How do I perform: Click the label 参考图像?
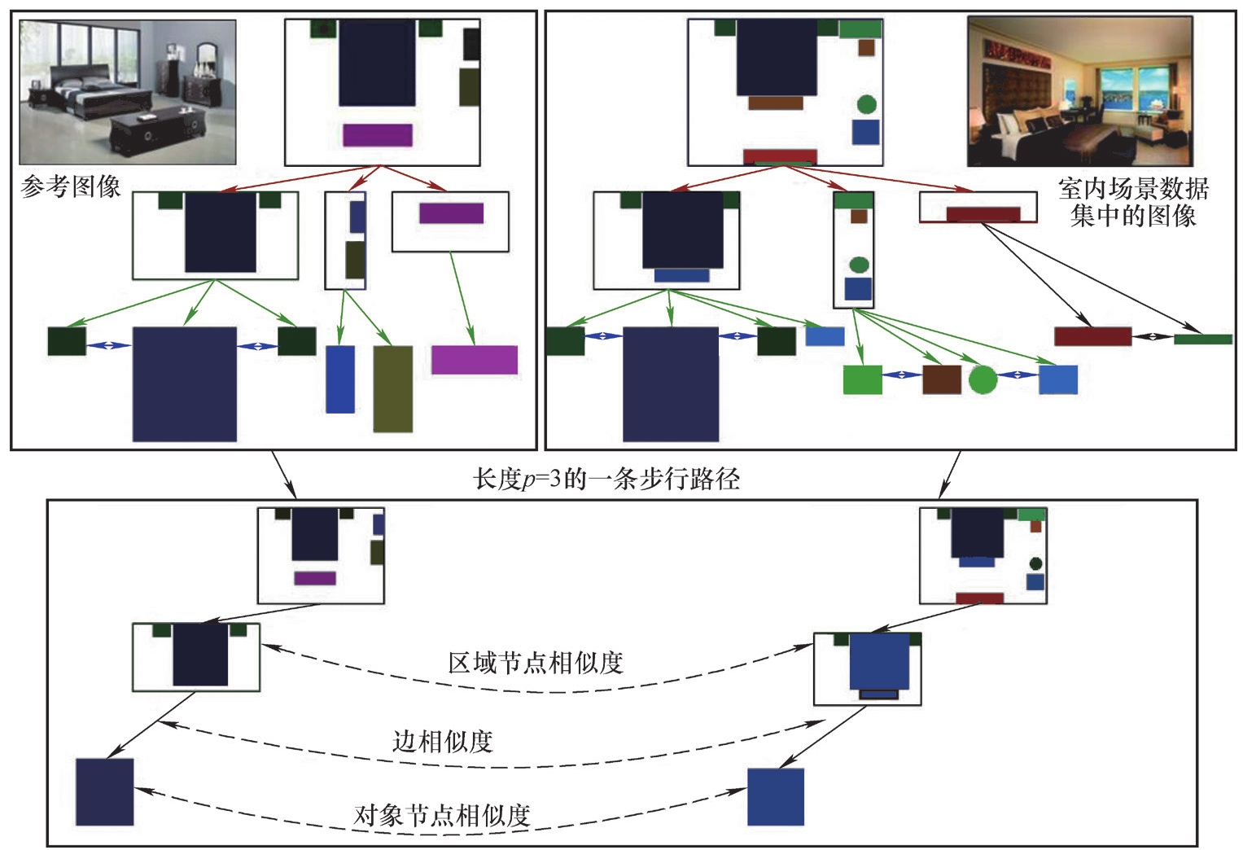point(71,186)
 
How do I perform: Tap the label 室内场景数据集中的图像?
point(1133,202)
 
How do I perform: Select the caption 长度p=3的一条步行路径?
point(606,478)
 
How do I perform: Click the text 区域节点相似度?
point(536,663)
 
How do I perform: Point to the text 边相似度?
point(443,741)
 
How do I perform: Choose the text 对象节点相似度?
point(443,814)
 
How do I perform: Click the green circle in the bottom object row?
point(983,379)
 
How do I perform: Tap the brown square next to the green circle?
point(942,379)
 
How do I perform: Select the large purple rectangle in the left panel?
point(475,360)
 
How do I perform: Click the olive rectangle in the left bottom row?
point(392,388)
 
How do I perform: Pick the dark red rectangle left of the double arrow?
point(1092,336)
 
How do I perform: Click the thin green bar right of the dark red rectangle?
point(1202,339)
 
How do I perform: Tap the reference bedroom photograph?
point(128,92)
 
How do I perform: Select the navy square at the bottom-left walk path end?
point(105,791)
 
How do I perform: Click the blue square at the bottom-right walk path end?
point(776,796)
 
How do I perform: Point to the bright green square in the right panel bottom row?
point(862,379)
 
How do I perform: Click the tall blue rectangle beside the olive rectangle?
point(340,379)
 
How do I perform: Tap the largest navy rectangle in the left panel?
point(185,384)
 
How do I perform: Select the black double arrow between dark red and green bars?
point(1152,337)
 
